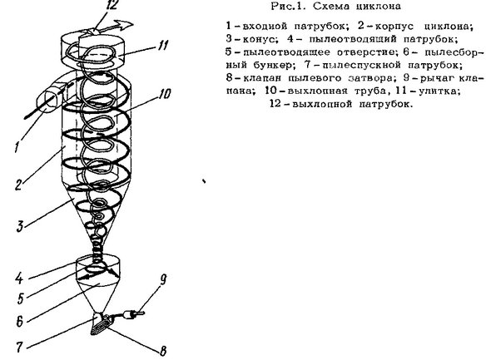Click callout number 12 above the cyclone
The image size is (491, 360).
(112, 5)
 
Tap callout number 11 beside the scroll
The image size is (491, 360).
(162, 46)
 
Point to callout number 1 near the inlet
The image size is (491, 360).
(17, 146)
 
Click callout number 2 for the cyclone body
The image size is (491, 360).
(19, 185)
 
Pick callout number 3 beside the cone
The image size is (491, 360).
(20, 226)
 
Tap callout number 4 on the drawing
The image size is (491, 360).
(19, 279)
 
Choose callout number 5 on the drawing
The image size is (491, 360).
(21, 298)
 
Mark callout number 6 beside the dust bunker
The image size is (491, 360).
(20, 321)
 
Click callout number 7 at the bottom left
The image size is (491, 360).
(19, 347)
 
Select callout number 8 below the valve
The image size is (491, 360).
(163, 351)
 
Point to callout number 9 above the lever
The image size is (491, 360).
(163, 280)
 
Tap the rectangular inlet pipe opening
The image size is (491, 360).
(47, 101)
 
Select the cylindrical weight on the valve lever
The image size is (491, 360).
(128, 314)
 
